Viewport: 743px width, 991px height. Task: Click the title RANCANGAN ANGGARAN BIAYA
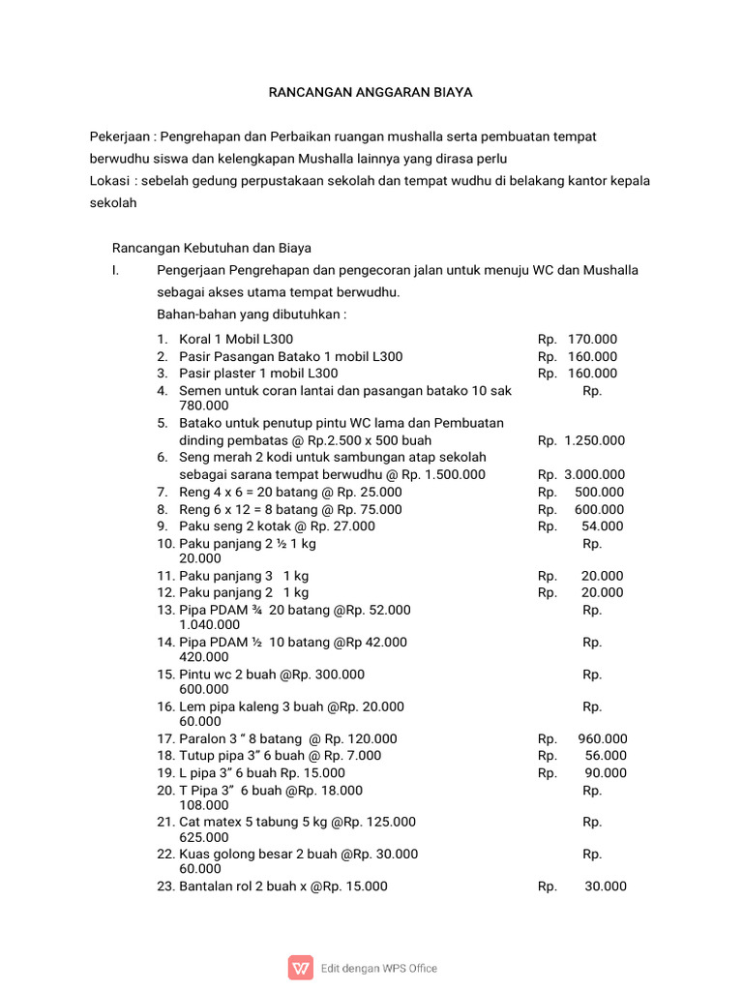[371, 93]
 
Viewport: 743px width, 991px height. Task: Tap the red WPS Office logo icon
[301, 968]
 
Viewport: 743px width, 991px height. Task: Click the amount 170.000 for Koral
[592, 340]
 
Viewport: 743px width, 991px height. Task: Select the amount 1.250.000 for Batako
[594, 440]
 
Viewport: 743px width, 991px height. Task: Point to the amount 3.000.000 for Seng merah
[594, 475]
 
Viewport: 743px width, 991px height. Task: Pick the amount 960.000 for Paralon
[602, 738]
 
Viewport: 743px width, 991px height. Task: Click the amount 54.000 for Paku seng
[603, 526]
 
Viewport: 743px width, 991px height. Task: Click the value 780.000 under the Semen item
[204, 405]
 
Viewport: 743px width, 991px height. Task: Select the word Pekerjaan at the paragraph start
[120, 137]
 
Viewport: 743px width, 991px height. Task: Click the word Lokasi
[109, 181]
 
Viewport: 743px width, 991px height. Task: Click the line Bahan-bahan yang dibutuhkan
[252, 315]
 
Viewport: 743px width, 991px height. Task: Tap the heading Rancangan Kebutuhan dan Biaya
[212, 248]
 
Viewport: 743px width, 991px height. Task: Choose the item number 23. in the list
[165, 886]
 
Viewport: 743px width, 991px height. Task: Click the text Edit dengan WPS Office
[379, 968]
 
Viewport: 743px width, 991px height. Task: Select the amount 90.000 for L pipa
[606, 773]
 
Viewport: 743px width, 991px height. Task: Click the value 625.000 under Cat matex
[204, 837]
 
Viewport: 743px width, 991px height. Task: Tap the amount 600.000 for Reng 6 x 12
[599, 510]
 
